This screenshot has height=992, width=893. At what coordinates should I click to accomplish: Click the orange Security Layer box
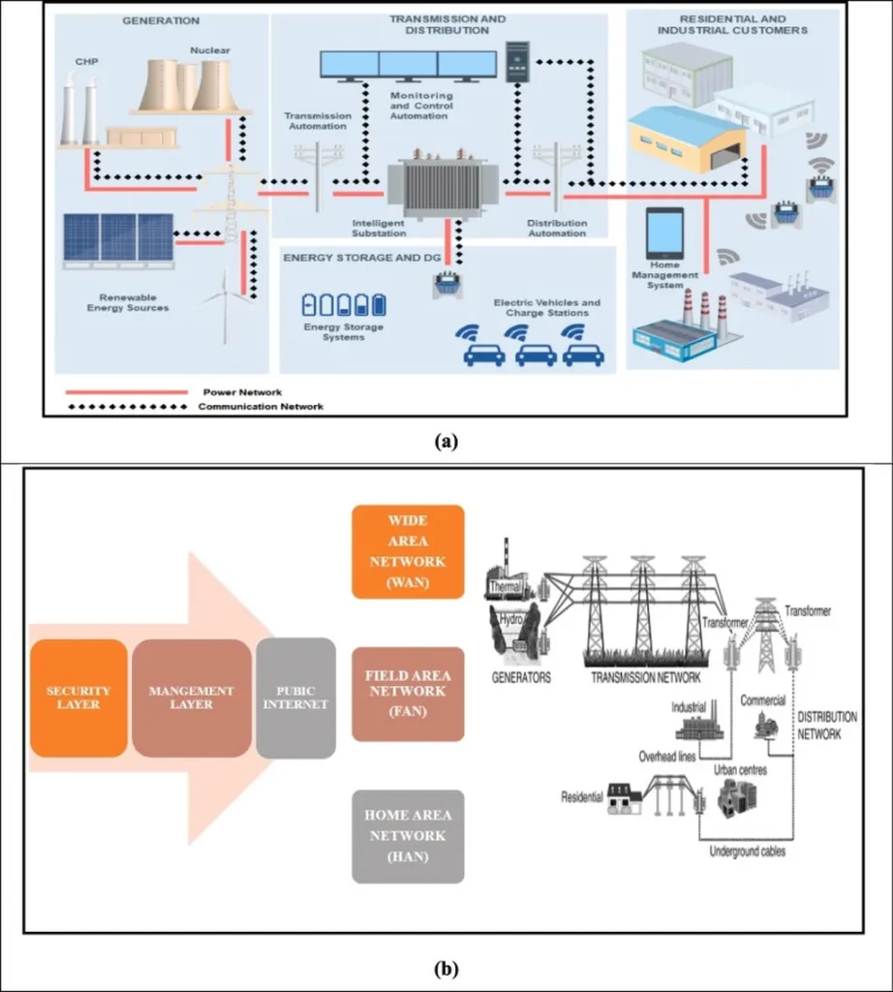click(78, 697)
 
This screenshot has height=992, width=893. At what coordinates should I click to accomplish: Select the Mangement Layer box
click(192, 697)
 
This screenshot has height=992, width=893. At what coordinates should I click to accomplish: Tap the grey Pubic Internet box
click(296, 697)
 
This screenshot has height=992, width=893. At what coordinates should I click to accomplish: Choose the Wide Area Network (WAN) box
click(408, 551)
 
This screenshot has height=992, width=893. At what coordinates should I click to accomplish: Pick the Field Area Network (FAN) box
click(408, 694)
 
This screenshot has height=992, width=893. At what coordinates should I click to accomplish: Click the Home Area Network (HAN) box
click(408, 836)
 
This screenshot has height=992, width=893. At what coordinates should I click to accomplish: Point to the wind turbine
click(225, 302)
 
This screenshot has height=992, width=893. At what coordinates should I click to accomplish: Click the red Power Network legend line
click(126, 392)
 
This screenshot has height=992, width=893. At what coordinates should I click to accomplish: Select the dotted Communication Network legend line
click(126, 407)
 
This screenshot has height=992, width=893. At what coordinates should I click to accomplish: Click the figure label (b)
click(446, 967)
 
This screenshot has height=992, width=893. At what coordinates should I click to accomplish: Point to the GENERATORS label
click(521, 678)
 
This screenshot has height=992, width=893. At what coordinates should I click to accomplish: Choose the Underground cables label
click(747, 852)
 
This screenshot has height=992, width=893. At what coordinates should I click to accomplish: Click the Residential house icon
click(625, 797)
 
